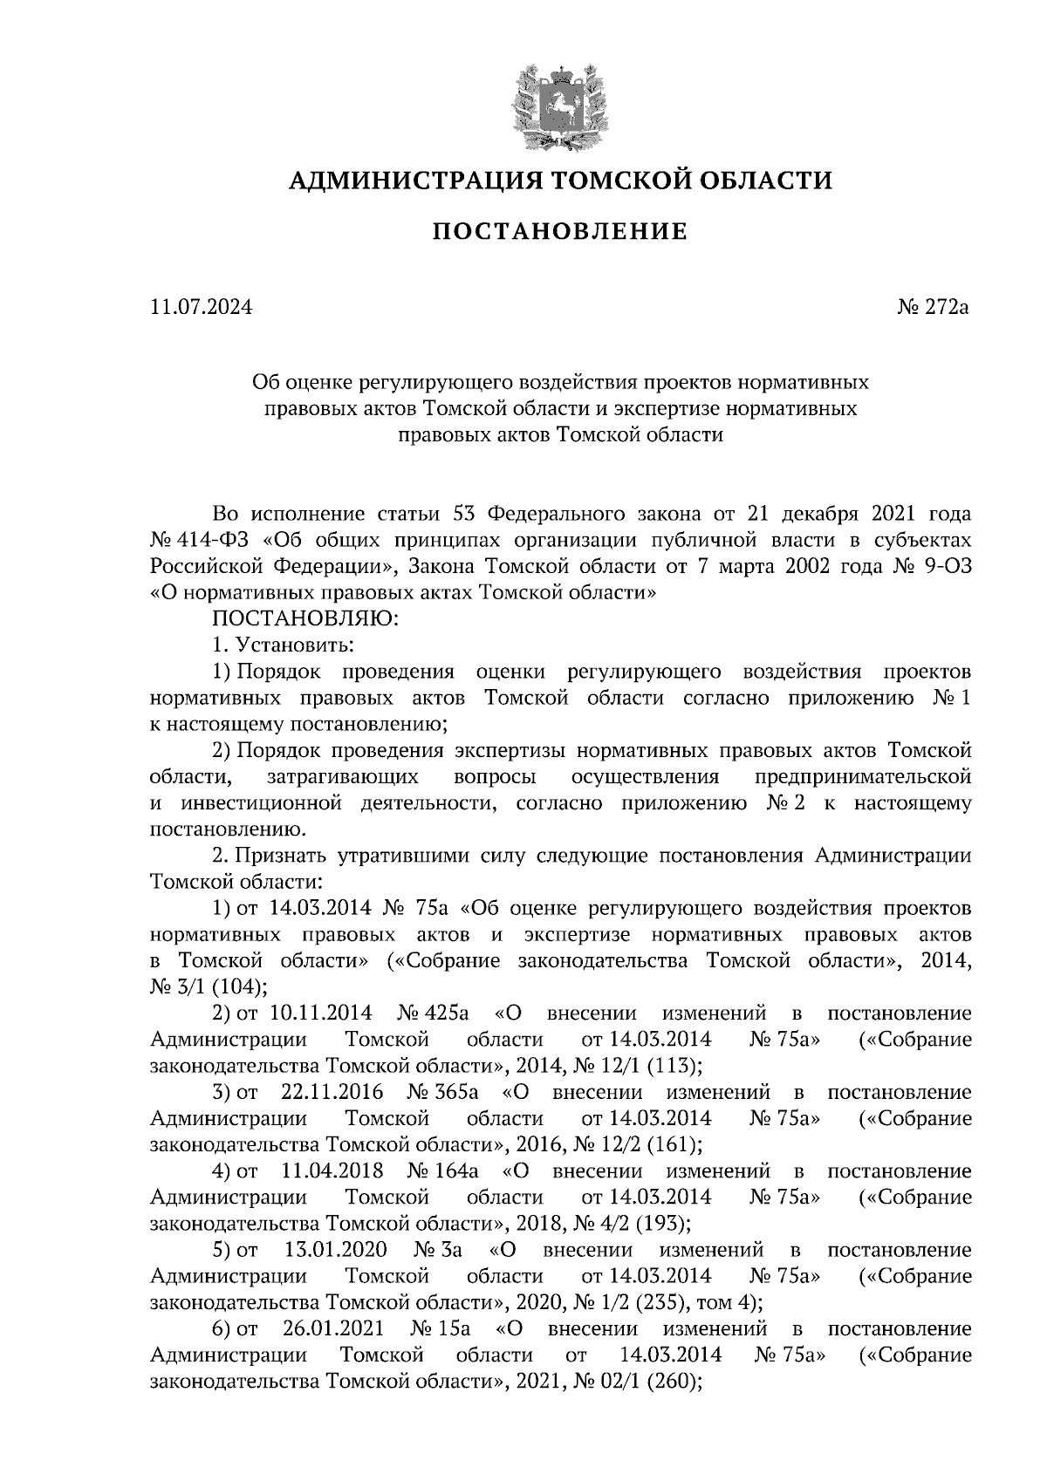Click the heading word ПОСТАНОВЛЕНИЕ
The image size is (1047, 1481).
pyautogui.click(x=560, y=232)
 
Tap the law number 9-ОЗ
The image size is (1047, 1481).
pyautogui.click(x=945, y=565)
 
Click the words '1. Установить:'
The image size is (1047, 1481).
pyautogui.click(x=282, y=645)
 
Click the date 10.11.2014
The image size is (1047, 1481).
pyautogui.click(x=322, y=1013)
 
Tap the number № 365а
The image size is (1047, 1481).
pyautogui.click(x=443, y=1092)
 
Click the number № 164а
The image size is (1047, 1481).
pyautogui.click(x=443, y=1170)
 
